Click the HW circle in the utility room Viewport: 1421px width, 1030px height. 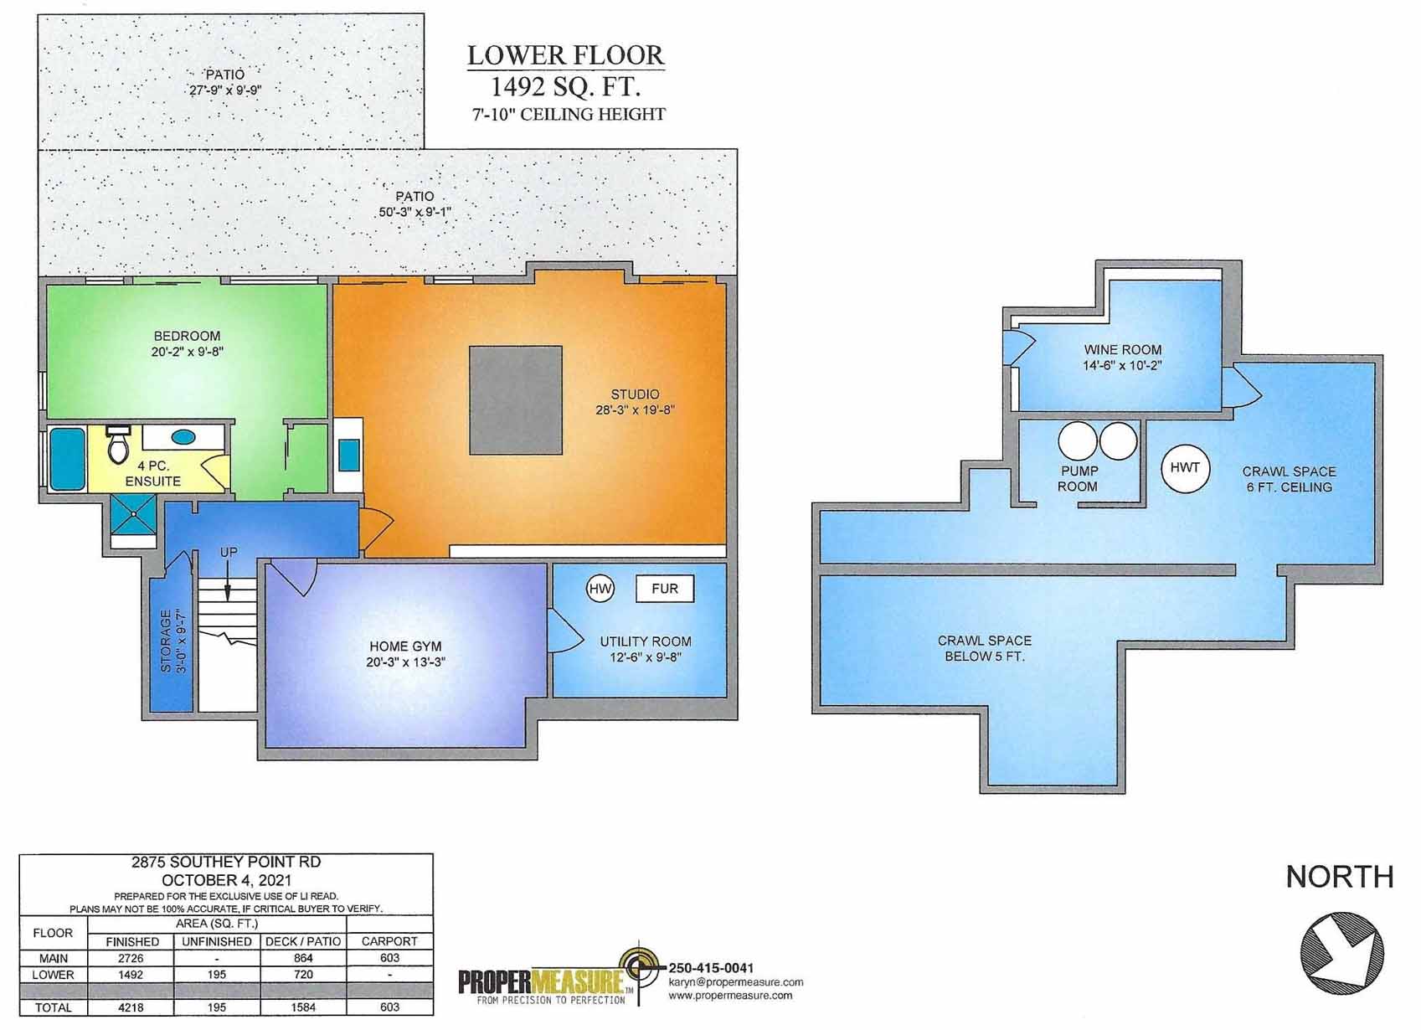tap(600, 589)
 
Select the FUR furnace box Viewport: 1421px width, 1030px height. tap(665, 589)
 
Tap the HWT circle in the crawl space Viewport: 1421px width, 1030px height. tap(1185, 467)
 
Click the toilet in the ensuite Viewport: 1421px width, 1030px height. tap(119, 445)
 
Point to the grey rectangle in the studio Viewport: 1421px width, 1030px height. tap(515, 400)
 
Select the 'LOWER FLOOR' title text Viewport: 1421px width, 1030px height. tap(565, 55)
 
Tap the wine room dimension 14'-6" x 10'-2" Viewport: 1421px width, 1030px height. tap(1122, 365)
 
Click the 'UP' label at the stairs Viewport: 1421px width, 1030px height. tap(229, 552)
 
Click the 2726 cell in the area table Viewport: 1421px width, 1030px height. tap(131, 958)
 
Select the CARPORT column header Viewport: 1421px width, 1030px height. tap(389, 941)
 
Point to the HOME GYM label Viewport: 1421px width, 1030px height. tap(405, 646)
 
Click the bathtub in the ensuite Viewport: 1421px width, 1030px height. tap(67, 459)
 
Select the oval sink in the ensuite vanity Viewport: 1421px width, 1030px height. tap(183, 437)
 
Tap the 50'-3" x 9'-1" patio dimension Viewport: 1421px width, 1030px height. tap(414, 212)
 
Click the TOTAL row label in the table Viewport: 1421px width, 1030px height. tap(53, 1007)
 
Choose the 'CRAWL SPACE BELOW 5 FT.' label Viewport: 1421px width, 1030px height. tap(984, 648)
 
